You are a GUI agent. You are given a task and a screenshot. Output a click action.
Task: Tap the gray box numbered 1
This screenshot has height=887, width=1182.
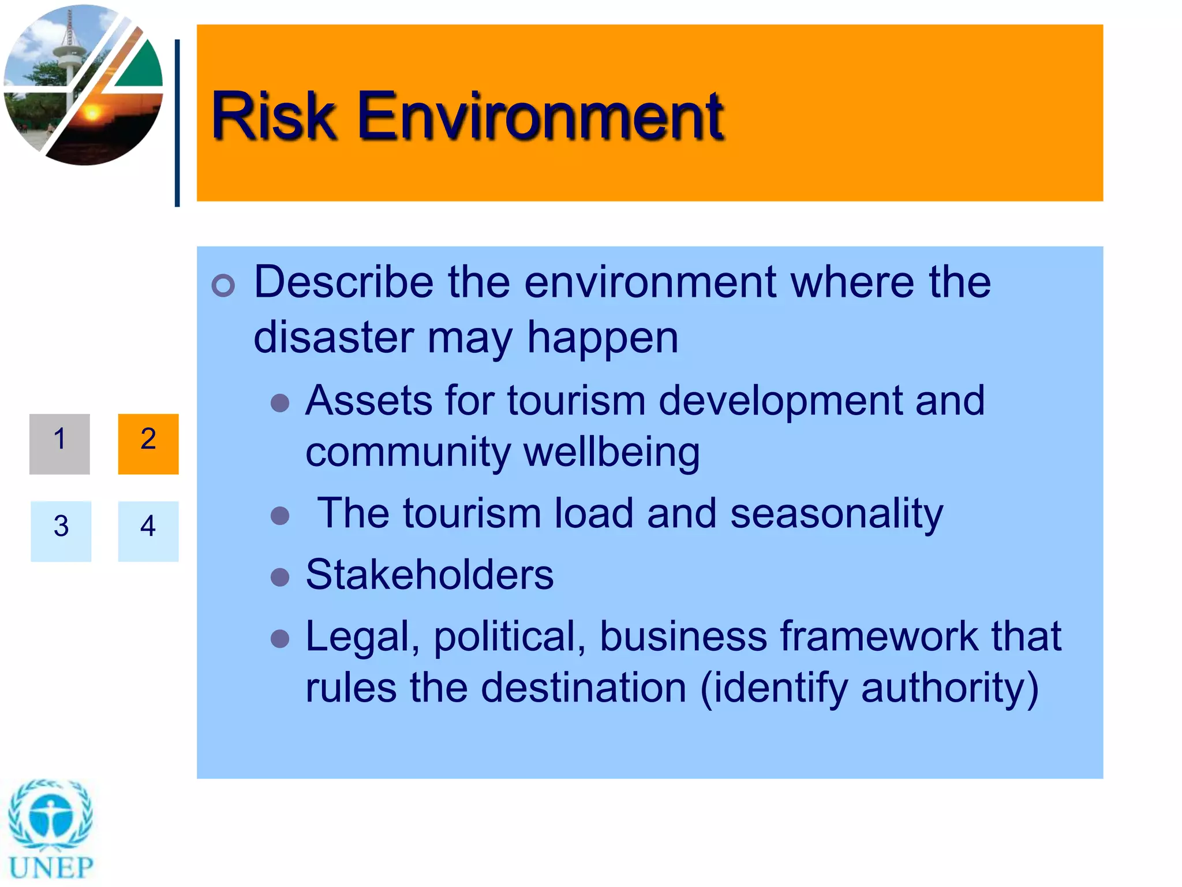point(59,443)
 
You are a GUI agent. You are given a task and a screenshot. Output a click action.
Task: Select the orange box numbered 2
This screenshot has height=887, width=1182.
point(148,443)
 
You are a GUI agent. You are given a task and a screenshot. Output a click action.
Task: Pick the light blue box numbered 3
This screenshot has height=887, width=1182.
point(61,531)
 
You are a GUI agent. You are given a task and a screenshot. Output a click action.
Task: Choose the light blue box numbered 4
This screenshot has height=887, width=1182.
point(148,531)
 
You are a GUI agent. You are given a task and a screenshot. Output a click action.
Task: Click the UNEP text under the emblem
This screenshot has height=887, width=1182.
point(51,867)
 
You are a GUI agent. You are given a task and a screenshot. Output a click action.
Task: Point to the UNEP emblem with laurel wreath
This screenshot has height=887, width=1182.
point(51,815)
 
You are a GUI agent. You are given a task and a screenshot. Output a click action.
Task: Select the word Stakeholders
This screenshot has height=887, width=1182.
point(429,575)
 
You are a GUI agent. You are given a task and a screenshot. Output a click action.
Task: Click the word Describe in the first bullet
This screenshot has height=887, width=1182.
point(343,282)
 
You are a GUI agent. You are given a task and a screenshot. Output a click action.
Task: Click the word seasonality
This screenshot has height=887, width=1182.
point(836,513)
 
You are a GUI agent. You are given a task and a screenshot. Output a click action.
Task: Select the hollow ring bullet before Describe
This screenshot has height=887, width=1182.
point(223,285)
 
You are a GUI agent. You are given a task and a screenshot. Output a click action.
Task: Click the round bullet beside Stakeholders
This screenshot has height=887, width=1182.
point(280,576)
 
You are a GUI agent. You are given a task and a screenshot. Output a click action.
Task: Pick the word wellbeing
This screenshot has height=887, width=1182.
point(612,452)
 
